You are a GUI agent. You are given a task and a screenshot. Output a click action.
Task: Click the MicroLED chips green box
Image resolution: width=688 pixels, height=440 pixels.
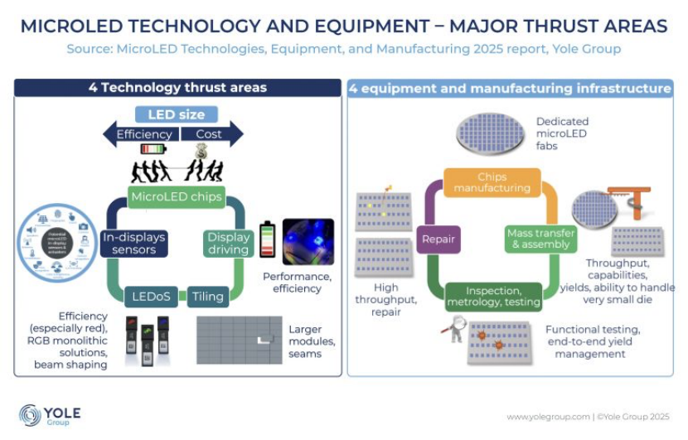pyautogui.click(x=177, y=197)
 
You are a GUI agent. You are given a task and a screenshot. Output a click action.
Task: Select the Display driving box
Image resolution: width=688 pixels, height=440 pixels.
pyautogui.click(x=228, y=243)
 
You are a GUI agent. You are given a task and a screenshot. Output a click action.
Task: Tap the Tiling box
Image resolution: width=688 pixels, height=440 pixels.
pyautogui.click(x=207, y=296)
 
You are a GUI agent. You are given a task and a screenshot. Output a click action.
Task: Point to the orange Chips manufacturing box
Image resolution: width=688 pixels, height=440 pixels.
pyautogui.click(x=492, y=182)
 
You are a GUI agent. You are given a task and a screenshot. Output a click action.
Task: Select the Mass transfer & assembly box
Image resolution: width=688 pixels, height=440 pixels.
pyautogui.click(x=539, y=239)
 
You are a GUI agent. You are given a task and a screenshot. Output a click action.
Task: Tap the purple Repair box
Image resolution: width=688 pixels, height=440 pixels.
pyautogui.click(x=438, y=239)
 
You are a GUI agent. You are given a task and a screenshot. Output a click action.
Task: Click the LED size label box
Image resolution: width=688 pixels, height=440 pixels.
pyautogui.click(x=176, y=114)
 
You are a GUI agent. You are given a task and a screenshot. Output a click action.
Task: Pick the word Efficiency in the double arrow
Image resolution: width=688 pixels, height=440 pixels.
pyautogui.click(x=144, y=133)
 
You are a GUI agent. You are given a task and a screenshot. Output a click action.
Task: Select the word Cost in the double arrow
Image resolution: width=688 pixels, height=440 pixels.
pyautogui.click(x=208, y=133)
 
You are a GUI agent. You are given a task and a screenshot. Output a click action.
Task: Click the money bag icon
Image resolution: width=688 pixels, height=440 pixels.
pyautogui.click(x=201, y=151)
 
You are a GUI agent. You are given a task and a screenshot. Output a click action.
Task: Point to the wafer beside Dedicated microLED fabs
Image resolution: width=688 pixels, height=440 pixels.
pyautogui.click(x=492, y=133)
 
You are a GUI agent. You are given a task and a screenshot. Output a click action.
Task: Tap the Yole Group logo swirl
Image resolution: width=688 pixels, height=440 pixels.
pyautogui.click(x=30, y=414)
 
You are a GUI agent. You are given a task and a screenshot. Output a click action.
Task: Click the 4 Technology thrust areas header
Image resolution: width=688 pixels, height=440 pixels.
pyautogui.click(x=177, y=88)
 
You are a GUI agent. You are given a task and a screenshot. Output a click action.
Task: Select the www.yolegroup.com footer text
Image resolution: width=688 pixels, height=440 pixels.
pyautogui.click(x=546, y=416)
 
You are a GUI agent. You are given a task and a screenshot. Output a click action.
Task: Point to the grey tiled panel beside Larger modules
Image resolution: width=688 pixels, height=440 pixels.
pyautogui.click(x=239, y=340)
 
